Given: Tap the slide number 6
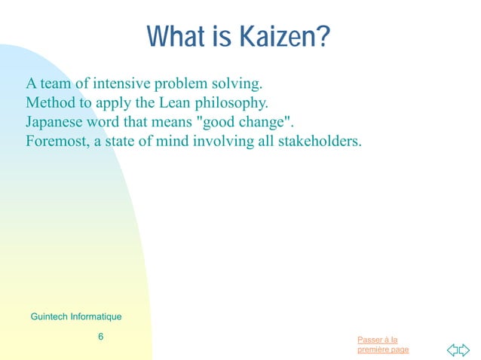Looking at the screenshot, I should click(100, 337).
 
